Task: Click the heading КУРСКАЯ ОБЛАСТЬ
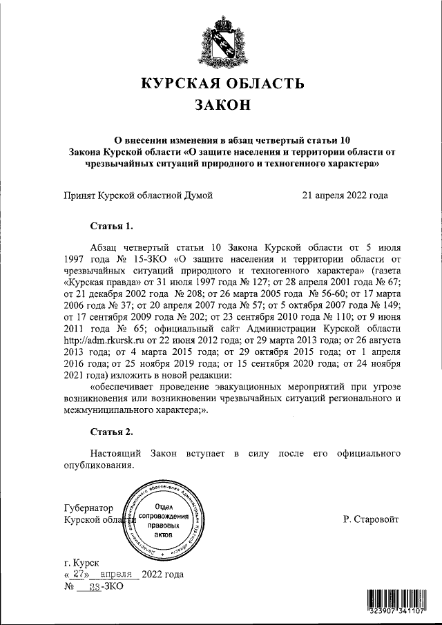[x=221, y=84]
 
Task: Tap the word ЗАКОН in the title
[x=221, y=106]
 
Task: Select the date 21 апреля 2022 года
[x=345, y=195]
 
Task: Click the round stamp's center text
[x=164, y=521]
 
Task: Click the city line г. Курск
[x=81, y=563]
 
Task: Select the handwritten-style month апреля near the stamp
[x=120, y=575]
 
